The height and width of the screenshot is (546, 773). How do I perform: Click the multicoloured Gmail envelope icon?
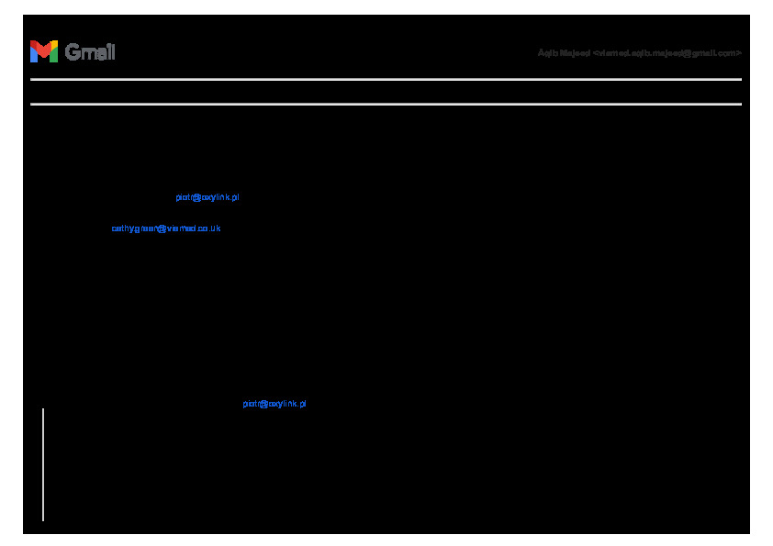(43, 51)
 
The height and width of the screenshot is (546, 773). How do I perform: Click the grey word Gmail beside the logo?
(90, 52)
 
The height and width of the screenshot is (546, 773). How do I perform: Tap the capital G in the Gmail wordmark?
(73, 52)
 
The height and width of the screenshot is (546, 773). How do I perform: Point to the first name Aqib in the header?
(546, 53)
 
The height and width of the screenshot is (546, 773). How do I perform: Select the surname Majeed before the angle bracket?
(574, 53)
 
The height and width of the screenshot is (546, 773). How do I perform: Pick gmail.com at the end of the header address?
(717, 53)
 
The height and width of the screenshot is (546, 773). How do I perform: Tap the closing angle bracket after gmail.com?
(739, 53)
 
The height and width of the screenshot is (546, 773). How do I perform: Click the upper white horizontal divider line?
(386, 80)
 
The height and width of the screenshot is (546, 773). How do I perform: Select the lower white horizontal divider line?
(386, 104)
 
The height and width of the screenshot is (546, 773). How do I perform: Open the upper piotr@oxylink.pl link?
(207, 197)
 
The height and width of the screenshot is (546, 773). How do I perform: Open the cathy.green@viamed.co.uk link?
(166, 228)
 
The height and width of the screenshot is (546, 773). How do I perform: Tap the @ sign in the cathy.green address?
(162, 228)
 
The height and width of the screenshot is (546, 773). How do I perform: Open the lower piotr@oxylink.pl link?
(274, 404)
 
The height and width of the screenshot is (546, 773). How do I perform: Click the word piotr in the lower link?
(252, 404)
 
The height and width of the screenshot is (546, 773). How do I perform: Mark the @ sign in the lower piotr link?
(264, 404)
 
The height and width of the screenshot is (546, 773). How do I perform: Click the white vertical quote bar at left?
(43, 464)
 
